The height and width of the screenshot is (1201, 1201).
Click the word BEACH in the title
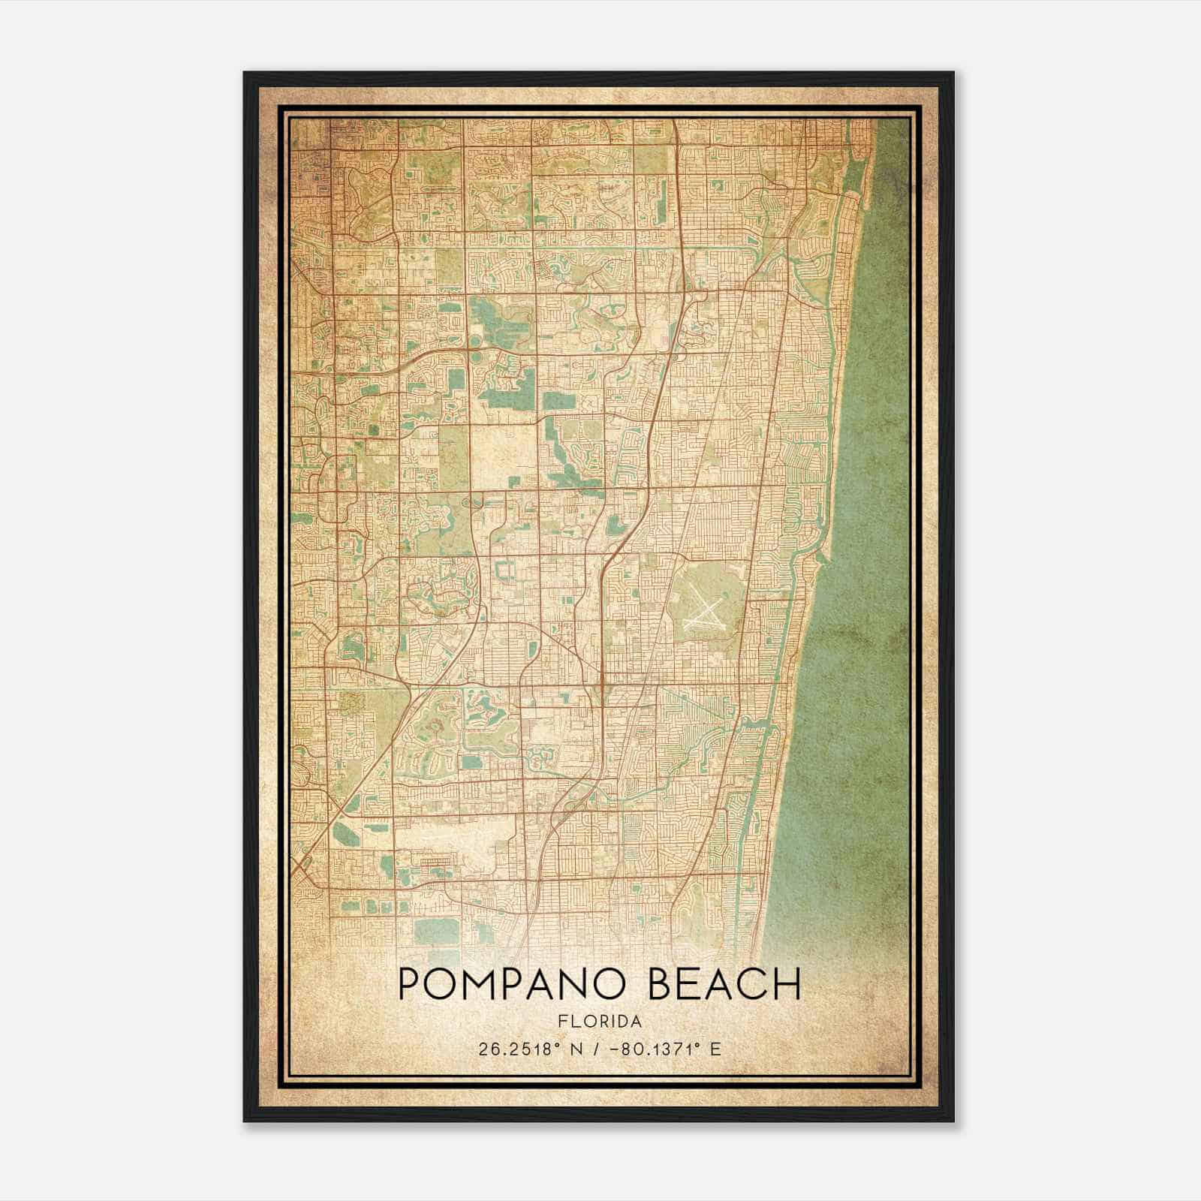pos(724,984)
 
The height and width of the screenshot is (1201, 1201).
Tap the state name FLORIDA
pos(600,1021)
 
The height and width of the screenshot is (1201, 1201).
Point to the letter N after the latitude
pos(576,1049)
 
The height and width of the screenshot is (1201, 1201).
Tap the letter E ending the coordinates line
pos(715,1049)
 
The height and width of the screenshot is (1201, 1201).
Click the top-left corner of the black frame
pos(245,74)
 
